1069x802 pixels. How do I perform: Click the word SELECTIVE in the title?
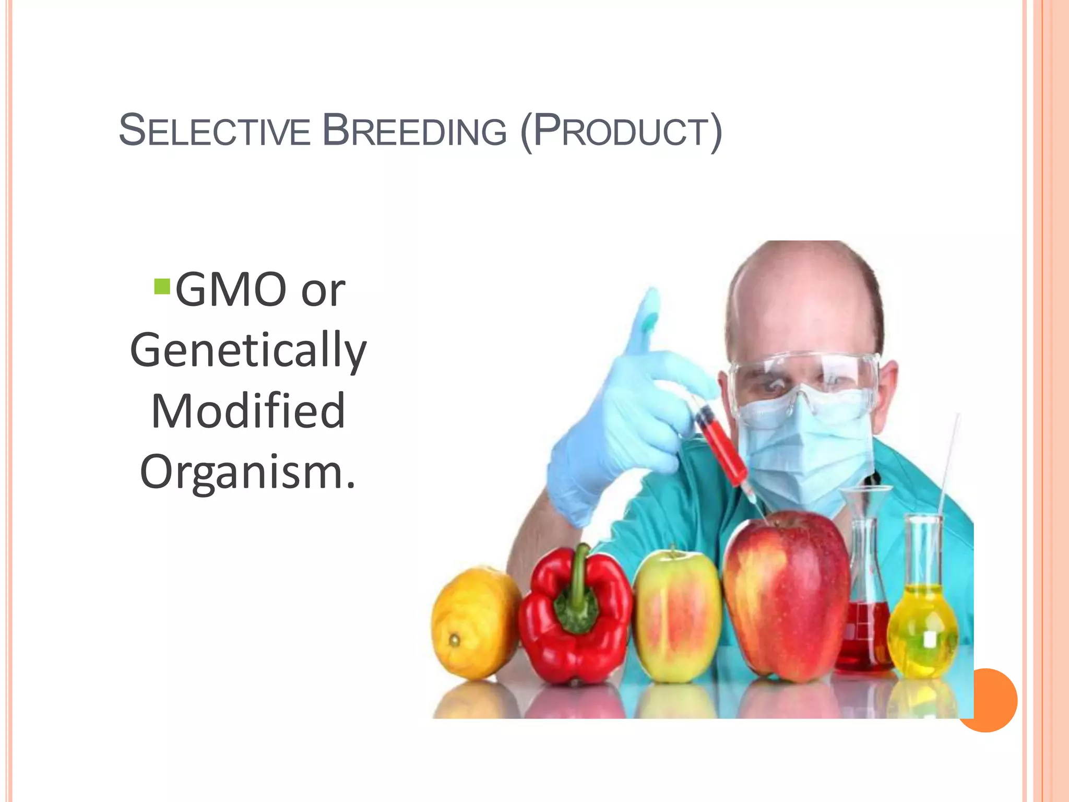click(215, 131)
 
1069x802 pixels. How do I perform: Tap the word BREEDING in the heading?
click(415, 131)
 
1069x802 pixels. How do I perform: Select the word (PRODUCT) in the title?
click(621, 132)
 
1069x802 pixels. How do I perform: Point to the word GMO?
click(231, 290)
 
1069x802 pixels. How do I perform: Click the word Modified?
click(248, 411)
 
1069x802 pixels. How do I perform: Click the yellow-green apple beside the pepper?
click(677, 616)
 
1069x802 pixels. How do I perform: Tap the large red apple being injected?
click(786, 595)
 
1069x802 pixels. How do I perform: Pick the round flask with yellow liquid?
click(923, 627)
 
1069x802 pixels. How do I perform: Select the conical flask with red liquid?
click(864, 627)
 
